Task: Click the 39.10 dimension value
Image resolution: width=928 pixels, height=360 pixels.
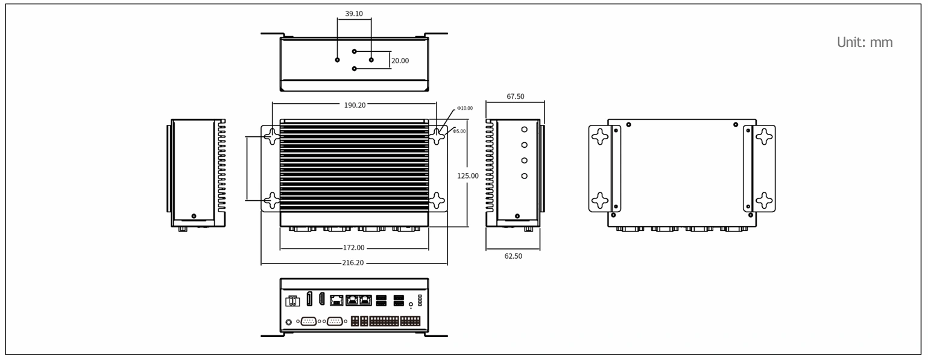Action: [354, 14]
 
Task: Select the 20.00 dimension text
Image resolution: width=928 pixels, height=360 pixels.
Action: [400, 61]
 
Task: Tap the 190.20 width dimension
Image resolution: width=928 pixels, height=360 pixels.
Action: [355, 105]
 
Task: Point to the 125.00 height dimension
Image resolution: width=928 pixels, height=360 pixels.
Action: [468, 175]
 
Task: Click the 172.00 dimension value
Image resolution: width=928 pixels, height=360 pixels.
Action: [353, 248]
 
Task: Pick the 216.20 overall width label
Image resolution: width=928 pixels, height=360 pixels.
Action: [353, 263]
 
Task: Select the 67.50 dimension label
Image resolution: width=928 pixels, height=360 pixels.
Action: [516, 96]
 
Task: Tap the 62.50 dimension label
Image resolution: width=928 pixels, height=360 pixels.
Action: [513, 256]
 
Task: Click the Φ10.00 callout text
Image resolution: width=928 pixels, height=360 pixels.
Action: [465, 108]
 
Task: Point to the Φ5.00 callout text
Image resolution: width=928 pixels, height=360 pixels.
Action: [459, 131]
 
